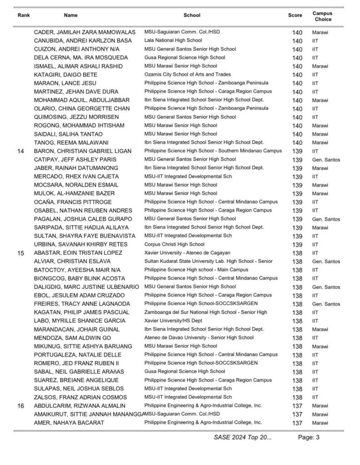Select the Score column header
coord(295,15)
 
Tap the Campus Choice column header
coord(322,17)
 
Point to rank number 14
coord(20,151)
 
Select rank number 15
coord(20,253)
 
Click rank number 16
coord(20,406)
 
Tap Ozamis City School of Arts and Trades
coord(187,74)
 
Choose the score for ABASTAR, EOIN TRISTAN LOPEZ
coord(297,253)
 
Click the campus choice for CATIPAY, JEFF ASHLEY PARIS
coord(326,160)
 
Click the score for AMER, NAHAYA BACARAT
coord(297,423)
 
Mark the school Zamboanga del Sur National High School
coord(205,312)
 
